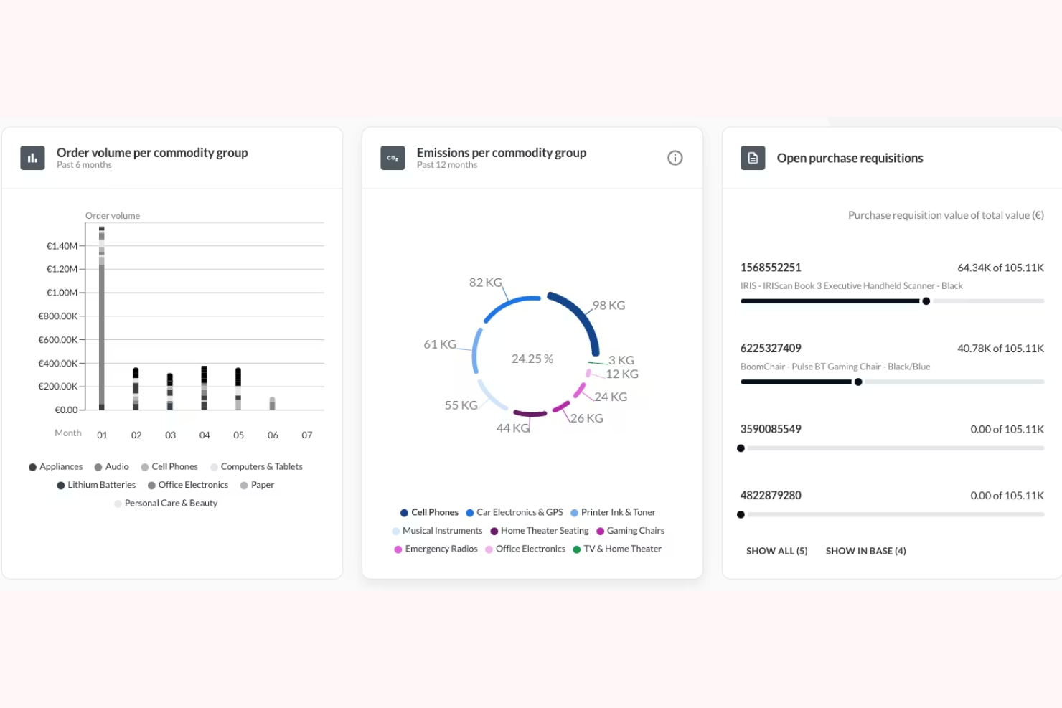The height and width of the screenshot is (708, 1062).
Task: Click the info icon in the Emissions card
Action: tap(675, 158)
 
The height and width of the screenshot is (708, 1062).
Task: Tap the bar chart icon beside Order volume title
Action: tap(33, 158)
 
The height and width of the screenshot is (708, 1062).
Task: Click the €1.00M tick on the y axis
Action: tap(62, 293)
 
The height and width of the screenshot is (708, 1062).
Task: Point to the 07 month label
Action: tap(307, 435)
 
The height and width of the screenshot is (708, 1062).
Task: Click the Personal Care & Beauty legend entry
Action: tap(171, 504)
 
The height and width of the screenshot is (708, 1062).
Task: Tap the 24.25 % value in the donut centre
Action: tap(532, 359)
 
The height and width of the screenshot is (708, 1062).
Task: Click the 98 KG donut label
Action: tap(608, 306)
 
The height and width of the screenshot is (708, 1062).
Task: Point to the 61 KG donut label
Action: tap(440, 344)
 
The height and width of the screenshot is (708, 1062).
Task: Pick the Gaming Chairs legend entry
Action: tap(635, 531)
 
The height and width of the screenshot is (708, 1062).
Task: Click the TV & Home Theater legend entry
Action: tap(622, 549)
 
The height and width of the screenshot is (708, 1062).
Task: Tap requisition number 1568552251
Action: tap(771, 268)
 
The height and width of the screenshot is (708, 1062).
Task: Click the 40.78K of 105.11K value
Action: tap(1000, 349)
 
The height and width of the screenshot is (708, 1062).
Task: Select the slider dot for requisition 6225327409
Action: tap(858, 382)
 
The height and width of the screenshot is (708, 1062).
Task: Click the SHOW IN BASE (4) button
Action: tap(865, 551)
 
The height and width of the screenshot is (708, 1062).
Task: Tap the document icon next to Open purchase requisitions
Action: tap(753, 158)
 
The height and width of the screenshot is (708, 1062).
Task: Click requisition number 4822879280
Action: tap(771, 496)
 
